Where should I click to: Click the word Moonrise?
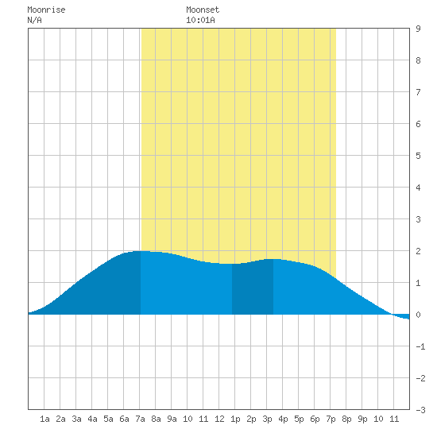tap(46, 10)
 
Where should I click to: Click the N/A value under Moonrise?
tap(34, 20)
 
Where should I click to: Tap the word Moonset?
tap(203, 10)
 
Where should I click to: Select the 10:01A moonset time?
tap(200, 20)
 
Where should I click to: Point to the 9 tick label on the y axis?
tap(418, 29)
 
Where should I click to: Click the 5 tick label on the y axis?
tap(418, 156)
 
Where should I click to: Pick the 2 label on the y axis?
tap(418, 251)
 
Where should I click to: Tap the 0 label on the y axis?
tap(418, 315)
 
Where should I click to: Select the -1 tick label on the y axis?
tap(420, 346)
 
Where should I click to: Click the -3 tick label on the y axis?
tap(420, 410)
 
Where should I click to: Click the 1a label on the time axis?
tap(44, 419)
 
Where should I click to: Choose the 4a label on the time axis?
tap(92, 419)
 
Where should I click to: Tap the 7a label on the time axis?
tap(140, 419)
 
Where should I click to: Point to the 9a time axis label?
tap(172, 419)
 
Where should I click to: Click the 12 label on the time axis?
tap(219, 419)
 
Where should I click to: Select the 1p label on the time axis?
tap(235, 419)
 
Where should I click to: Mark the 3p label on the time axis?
tap(267, 419)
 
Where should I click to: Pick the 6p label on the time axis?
tap(315, 419)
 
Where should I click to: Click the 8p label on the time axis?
tap(346, 419)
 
